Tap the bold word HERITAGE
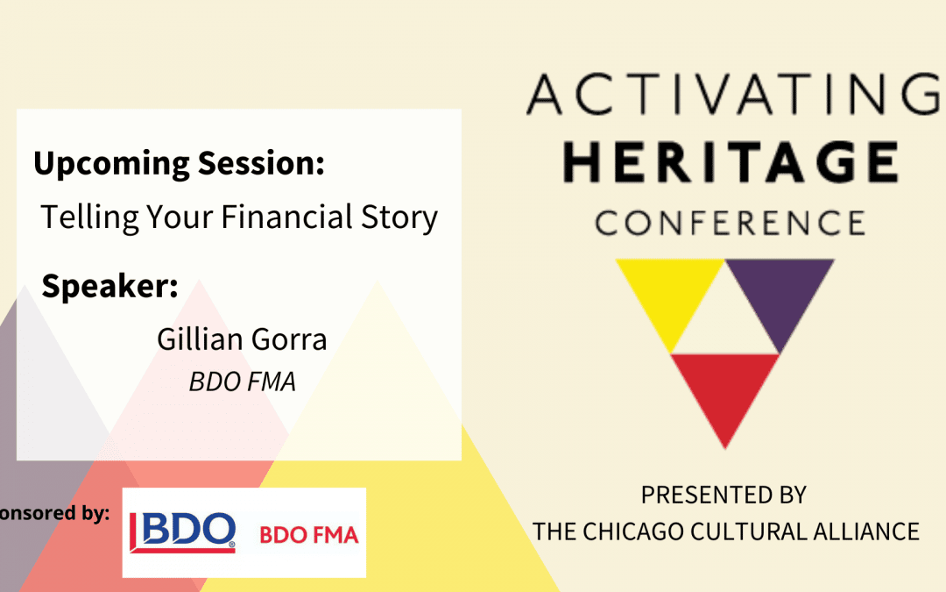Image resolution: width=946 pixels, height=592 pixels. coord(731,161)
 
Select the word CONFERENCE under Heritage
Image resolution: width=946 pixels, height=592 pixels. coord(730,223)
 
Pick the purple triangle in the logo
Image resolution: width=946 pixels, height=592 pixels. coord(780,299)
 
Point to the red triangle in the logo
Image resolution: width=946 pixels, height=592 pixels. coord(725,393)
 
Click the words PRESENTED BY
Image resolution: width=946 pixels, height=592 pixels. coord(724,496)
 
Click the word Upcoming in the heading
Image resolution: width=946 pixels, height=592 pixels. coord(111,164)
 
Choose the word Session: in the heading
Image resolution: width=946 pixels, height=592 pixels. coord(261,163)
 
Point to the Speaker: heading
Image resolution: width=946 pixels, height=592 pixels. coord(109,286)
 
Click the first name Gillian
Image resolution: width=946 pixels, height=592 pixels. coord(200,339)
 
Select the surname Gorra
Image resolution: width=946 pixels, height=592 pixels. coord(289,339)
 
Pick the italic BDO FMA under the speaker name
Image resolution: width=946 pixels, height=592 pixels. coord(243,382)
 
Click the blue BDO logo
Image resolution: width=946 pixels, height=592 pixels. coord(182,532)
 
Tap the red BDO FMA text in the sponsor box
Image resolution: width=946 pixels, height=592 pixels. coord(309,535)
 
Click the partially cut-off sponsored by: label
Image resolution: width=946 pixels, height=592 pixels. coord(54,513)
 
